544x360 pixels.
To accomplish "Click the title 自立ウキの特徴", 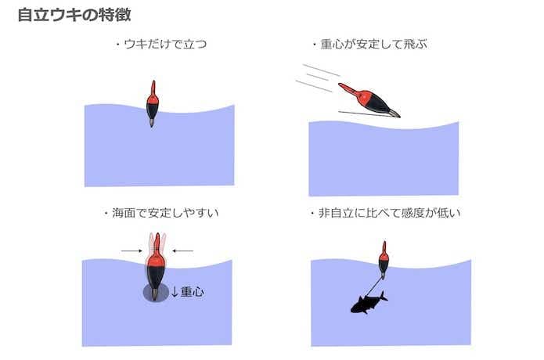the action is click(x=74, y=15).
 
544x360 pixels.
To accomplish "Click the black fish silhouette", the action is click(x=369, y=303).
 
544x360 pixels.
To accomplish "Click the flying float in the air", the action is click(x=369, y=100).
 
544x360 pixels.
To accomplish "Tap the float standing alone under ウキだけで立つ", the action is click(x=153, y=104).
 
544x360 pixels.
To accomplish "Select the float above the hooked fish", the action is click(x=384, y=260).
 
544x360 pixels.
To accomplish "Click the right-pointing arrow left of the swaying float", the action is click(x=131, y=250).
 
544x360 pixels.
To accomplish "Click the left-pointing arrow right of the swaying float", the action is click(x=183, y=250).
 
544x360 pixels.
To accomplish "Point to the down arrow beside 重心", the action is click(x=175, y=292).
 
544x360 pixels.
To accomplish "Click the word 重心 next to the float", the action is click(x=193, y=292).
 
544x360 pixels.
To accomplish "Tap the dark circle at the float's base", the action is click(x=156, y=293).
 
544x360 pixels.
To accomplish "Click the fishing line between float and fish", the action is click(x=373, y=286).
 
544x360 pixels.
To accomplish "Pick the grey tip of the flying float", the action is click(x=394, y=113).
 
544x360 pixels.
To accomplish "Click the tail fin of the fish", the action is click(x=383, y=297).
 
